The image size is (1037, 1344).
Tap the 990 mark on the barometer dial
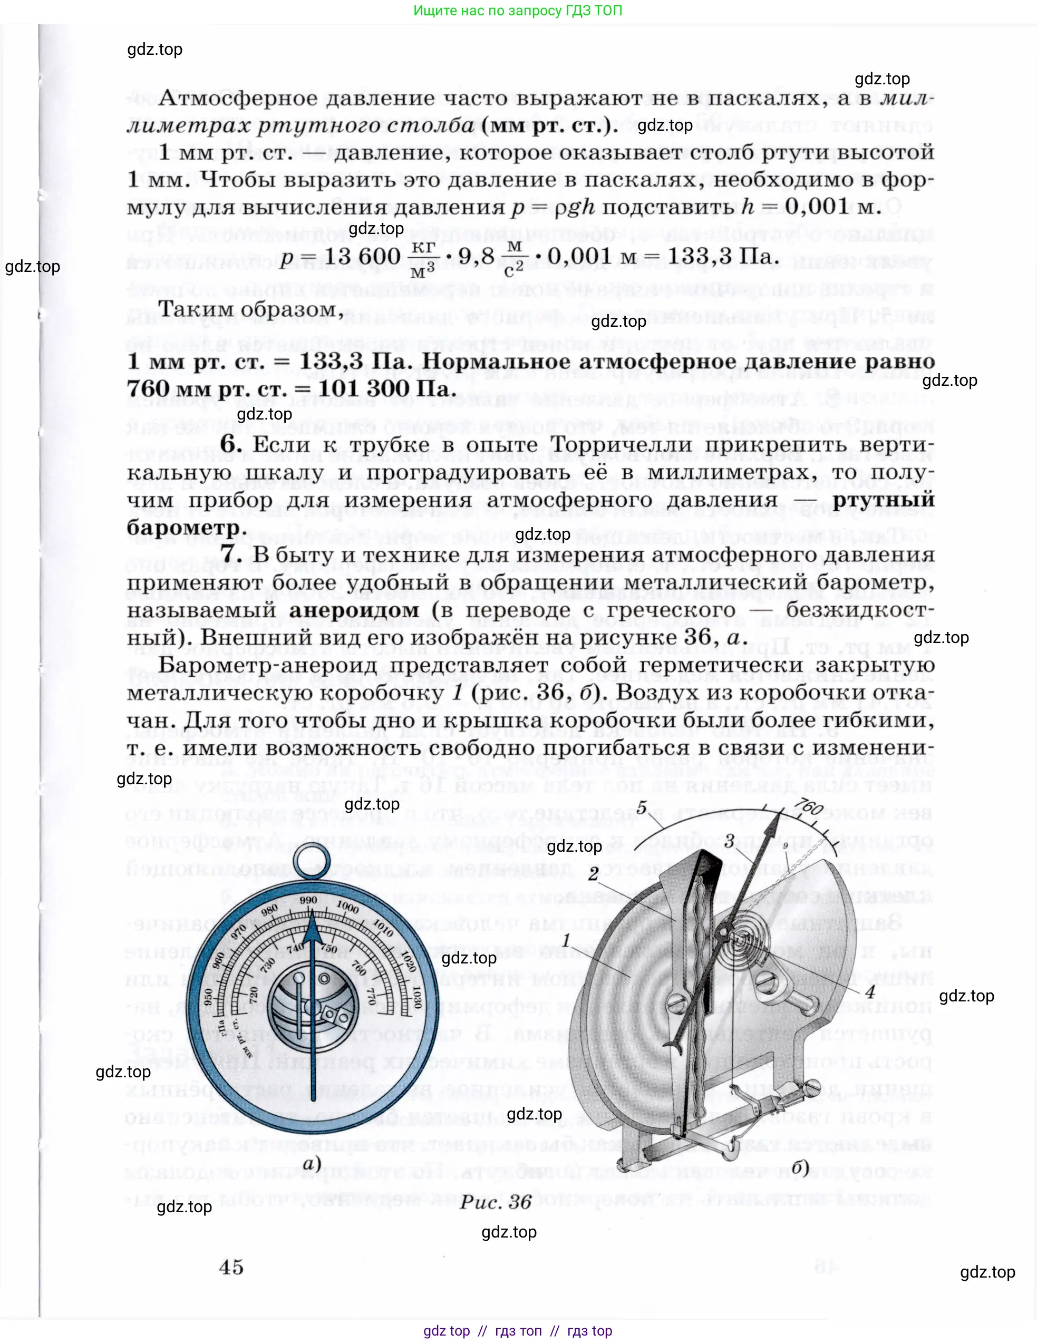pos(309,900)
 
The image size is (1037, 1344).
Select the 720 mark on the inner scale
pos(253,992)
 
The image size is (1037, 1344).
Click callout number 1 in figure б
pos(566,940)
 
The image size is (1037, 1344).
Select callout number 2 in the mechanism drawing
pos(593,873)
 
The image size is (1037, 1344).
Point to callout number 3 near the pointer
pos(729,841)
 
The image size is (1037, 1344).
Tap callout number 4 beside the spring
pos(869,991)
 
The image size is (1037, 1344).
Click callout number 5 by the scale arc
pos(642,807)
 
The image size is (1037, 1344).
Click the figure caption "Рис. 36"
pos(496,1197)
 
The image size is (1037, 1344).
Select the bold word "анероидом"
pos(354,610)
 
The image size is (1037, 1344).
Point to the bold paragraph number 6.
pos(230,444)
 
